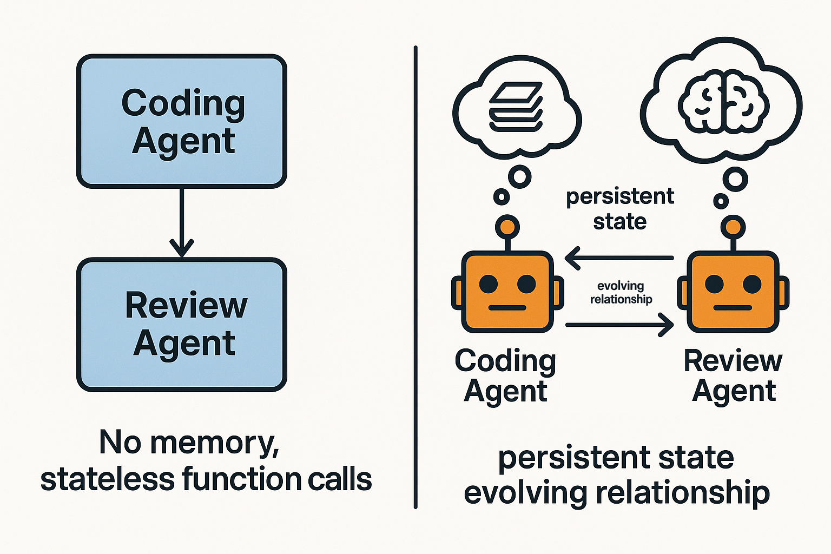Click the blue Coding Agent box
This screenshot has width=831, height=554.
click(182, 121)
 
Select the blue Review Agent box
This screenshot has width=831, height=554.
click(182, 325)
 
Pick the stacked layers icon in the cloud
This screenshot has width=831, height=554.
click(516, 107)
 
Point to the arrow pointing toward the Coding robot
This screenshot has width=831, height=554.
click(619, 259)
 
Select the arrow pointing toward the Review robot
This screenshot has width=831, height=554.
click(619, 325)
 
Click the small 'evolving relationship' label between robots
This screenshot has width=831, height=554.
click(621, 292)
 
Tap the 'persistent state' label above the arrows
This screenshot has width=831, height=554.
click(620, 209)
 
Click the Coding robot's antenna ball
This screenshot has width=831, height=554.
click(507, 226)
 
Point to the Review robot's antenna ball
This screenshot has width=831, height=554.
click(733, 226)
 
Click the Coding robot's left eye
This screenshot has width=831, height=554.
click(489, 283)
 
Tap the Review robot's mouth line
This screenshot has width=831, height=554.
click(733, 308)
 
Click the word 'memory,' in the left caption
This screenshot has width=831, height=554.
click(215, 443)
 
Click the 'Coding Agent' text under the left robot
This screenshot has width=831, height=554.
click(505, 375)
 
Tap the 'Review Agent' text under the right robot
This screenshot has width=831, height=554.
click(733, 375)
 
